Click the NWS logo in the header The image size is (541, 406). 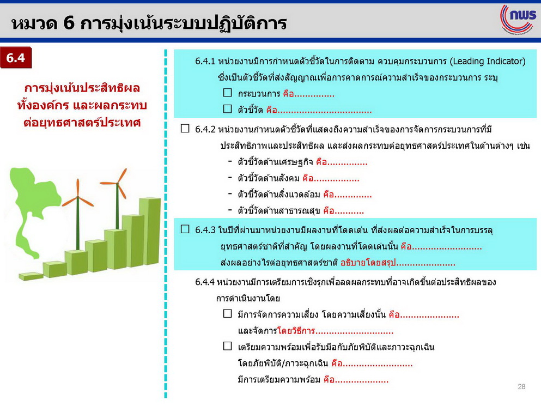(x=518, y=19)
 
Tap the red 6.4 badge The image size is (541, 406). (x=16, y=58)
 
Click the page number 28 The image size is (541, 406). (x=521, y=387)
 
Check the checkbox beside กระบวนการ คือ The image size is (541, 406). (x=227, y=93)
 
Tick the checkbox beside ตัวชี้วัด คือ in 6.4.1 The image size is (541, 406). (x=227, y=109)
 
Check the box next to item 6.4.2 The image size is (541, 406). (x=185, y=129)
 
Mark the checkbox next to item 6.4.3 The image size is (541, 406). (x=185, y=229)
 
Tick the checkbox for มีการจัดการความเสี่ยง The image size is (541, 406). (x=227, y=313)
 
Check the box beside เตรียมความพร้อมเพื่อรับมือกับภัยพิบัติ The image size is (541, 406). (x=227, y=346)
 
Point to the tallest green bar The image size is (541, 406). (x=150, y=231)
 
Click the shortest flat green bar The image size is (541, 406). (x=31, y=276)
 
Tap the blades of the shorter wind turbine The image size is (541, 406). (x=78, y=197)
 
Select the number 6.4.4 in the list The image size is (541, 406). (x=205, y=282)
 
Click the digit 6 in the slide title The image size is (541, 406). (x=69, y=23)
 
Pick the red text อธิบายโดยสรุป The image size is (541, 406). (x=368, y=263)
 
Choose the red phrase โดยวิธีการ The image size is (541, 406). (x=296, y=331)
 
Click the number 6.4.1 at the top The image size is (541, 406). (x=205, y=61)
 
